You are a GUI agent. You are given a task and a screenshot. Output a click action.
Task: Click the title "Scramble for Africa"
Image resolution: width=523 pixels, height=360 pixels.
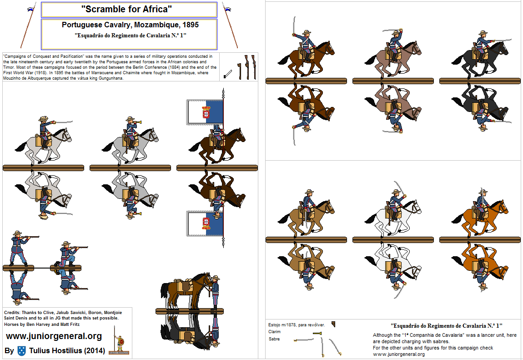click(129, 9)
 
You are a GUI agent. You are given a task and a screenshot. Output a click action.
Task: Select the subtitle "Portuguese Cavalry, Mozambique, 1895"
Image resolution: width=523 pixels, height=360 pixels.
click(130, 25)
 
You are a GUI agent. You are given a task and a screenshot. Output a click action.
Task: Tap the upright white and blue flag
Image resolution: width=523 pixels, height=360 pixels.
click(205, 112)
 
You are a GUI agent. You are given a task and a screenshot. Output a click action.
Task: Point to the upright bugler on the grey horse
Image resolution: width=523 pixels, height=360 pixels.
click(130, 139)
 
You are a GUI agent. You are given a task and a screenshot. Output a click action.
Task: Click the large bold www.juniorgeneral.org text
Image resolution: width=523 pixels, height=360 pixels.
click(54, 336)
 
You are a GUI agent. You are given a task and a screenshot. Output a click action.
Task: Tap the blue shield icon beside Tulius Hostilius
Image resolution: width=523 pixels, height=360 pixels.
click(21, 350)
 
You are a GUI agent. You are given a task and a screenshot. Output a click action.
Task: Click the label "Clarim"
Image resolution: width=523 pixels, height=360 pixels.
click(275, 332)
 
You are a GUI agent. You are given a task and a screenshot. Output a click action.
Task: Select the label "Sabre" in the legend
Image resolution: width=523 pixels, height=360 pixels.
click(274, 339)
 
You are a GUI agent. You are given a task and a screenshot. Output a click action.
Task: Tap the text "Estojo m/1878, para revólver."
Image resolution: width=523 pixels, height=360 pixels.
click(297, 325)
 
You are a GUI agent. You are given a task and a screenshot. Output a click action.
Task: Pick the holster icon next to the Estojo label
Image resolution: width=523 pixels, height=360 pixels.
click(333, 324)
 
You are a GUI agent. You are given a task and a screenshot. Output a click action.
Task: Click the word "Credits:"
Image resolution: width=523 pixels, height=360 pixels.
click(12, 313)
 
